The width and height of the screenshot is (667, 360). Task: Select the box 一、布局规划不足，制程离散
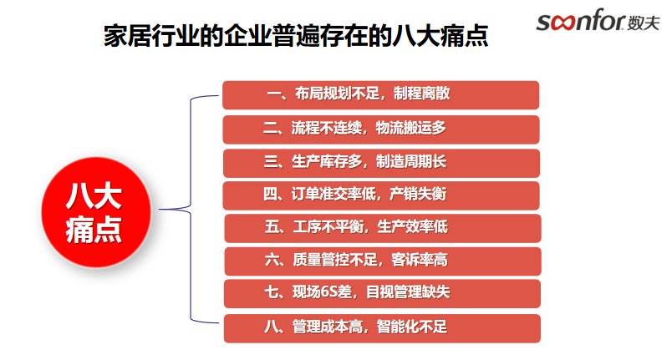click(x=380, y=94)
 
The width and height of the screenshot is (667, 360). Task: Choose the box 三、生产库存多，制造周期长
click(x=381, y=161)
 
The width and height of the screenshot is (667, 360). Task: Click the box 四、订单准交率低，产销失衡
click(x=381, y=195)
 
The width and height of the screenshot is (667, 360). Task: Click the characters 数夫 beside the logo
click(x=643, y=23)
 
